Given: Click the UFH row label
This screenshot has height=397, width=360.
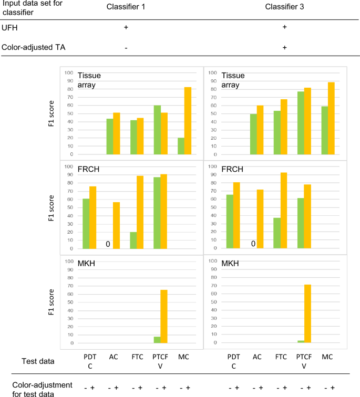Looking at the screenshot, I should [11, 27].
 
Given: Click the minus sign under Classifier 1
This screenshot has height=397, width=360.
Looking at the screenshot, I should [126, 47].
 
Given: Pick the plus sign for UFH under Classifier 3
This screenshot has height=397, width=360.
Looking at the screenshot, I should [284, 27].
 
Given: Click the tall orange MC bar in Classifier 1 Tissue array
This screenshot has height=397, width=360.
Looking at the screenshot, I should [188, 121].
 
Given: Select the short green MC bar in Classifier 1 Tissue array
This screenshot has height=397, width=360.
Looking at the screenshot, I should [181, 146].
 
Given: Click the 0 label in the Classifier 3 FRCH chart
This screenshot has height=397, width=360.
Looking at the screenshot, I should [253, 244].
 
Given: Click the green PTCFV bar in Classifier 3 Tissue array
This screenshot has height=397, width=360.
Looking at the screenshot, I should [301, 123].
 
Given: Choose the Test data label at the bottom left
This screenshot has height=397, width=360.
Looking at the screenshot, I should [39, 361].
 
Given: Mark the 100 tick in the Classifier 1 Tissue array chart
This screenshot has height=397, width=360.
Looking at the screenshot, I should [69, 72].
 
